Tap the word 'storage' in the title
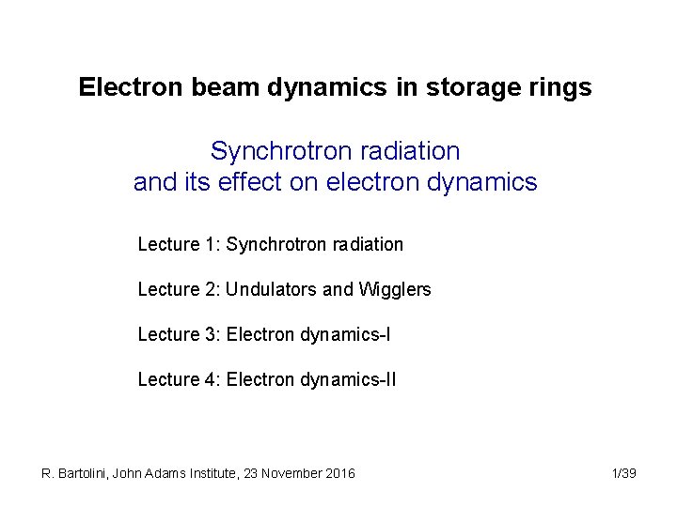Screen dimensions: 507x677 [476, 88]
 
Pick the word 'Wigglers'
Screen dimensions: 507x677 [395, 289]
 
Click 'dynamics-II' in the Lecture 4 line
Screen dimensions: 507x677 [349, 379]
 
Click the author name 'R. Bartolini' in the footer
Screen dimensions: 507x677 [74, 473]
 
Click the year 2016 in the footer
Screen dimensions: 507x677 [339, 473]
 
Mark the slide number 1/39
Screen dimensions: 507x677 [623, 473]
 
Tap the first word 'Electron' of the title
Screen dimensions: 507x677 [118, 88]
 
